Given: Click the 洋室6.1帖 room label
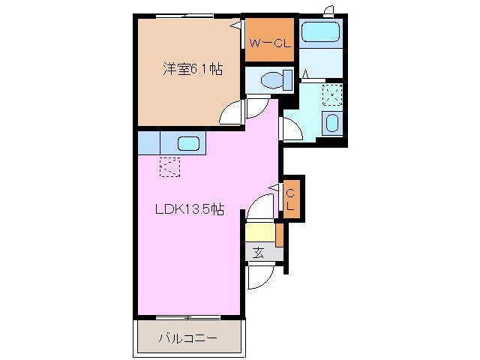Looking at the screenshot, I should click(193, 70).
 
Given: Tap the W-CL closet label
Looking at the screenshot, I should click(271, 43).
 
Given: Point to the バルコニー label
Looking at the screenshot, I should click(187, 338).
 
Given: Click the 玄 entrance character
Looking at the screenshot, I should click(257, 253).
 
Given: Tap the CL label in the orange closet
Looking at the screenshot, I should click(291, 199).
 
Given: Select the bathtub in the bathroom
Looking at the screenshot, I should click(320, 33).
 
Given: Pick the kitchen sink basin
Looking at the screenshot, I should click(188, 142).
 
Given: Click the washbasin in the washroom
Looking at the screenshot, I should click(331, 124).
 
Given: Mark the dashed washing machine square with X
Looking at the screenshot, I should click(331, 94).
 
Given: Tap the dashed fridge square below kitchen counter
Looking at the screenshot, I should click(169, 166).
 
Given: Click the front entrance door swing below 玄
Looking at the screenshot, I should click(259, 277).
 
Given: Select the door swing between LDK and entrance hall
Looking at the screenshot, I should click(262, 206).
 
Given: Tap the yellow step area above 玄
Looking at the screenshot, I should click(259, 233).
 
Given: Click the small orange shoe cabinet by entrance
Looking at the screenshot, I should click(279, 235).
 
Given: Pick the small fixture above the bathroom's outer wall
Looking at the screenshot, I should click(328, 10).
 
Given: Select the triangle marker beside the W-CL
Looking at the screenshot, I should click(235, 25).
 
